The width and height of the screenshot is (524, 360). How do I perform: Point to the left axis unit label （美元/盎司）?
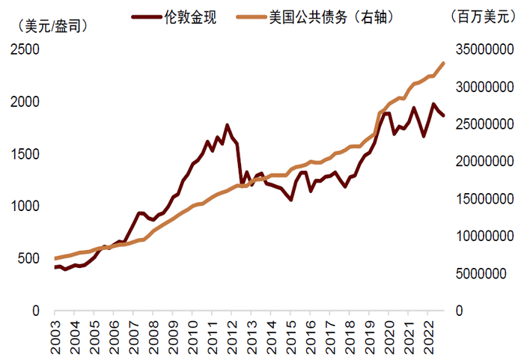51,25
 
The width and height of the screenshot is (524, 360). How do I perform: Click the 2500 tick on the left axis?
24,50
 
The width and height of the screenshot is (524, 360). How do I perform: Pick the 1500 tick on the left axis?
24,154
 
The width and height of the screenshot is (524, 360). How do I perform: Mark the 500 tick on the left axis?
28,258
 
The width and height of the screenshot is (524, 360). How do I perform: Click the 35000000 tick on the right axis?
483,50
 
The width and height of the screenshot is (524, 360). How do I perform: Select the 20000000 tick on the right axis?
483,162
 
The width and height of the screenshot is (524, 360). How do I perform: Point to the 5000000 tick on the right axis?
487,273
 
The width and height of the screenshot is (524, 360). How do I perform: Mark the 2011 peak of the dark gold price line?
227,125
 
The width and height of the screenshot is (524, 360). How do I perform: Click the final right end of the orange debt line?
444,64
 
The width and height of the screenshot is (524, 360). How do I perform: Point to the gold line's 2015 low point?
290,200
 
